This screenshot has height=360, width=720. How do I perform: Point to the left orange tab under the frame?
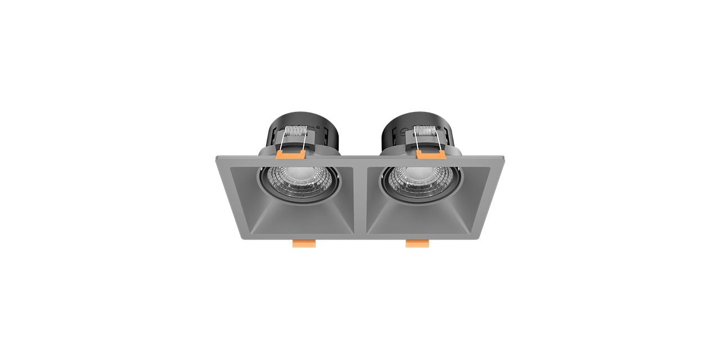click(304, 243)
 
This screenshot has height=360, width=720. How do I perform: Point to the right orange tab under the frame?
click(417, 243)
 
